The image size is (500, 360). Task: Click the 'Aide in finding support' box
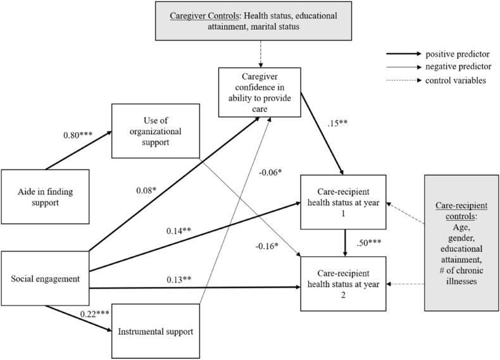point(45,196)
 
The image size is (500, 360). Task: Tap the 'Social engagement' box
point(45,279)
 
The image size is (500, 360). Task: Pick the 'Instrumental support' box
point(155,331)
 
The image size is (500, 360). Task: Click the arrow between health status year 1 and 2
point(344,242)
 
